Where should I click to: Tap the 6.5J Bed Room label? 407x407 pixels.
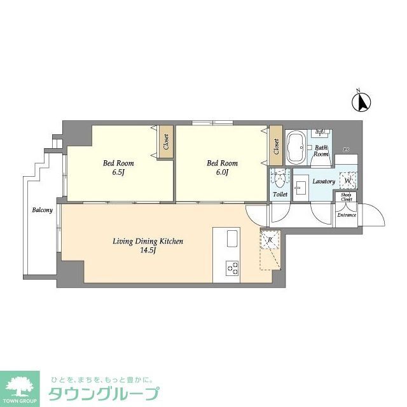(x=118, y=167)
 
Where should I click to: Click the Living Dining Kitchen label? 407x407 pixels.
(x=148, y=245)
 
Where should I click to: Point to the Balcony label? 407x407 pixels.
(x=42, y=210)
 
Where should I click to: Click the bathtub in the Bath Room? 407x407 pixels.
(x=296, y=148)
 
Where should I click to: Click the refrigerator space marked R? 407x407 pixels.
(x=270, y=240)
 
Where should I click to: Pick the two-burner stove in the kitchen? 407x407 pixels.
(x=231, y=270)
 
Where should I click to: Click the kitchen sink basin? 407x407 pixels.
(x=231, y=240)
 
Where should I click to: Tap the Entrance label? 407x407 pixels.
(x=347, y=215)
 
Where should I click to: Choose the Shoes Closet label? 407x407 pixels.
(x=347, y=197)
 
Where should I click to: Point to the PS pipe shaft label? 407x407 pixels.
(x=346, y=149)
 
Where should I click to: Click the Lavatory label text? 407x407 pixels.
(x=323, y=181)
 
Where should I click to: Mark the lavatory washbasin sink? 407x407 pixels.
(x=301, y=181)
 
